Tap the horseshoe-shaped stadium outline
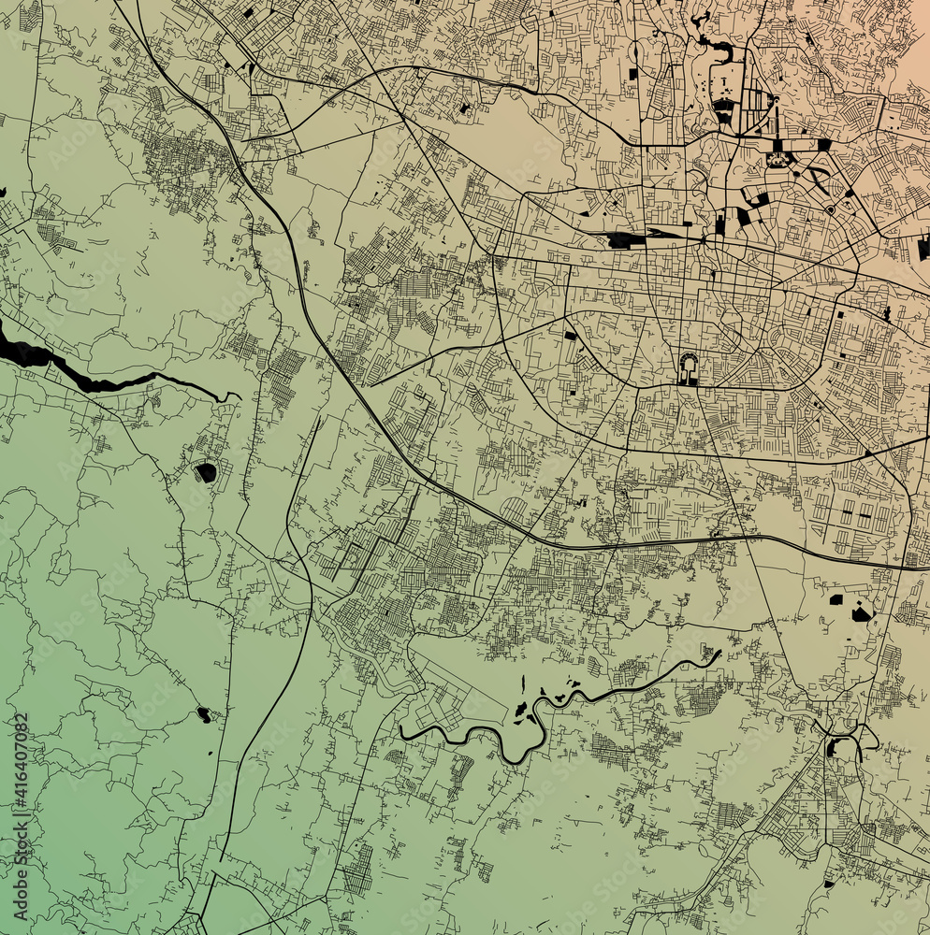(689, 368)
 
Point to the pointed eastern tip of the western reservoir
(235, 397)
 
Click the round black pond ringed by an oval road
(206, 472)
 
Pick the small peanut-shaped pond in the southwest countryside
(203, 715)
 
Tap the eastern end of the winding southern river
(718, 654)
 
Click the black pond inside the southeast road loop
(832, 747)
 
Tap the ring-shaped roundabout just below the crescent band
(830, 209)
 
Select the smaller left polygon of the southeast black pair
(836, 599)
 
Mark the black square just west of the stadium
(570, 335)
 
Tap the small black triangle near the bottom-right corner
(828, 883)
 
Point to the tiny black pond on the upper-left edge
(3, 193)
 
